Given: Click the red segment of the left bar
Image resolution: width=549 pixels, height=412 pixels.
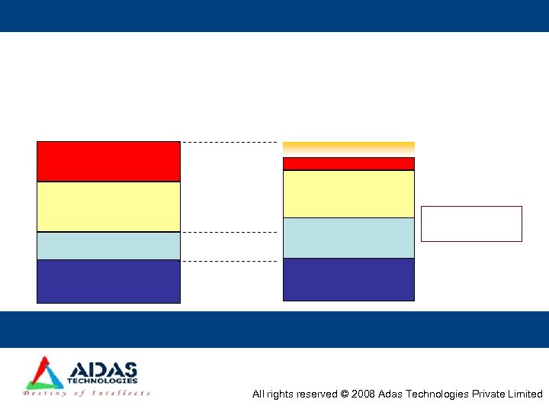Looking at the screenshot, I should pyautogui.click(x=108, y=161).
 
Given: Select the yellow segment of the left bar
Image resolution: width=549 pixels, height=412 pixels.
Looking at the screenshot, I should pyautogui.click(x=108, y=207).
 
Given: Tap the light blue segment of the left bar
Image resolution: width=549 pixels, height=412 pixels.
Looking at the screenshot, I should pyautogui.click(x=108, y=246).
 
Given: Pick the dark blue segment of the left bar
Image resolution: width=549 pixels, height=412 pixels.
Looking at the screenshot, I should pyautogui.click(x=108, y=282).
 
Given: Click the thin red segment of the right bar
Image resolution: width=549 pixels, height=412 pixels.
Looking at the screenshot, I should pyautogui.click(x=348, y=163).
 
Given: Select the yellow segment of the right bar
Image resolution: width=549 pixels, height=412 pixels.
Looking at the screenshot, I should pyautogui.click(x=348, y=194).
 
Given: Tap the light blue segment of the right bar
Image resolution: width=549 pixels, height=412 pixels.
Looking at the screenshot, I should pyautogui.click(x=348, y=238).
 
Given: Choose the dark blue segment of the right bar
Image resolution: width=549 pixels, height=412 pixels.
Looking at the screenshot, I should pyautogui.click(x=348, y=279).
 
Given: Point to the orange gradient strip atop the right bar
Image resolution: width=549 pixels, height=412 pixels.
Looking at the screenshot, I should pyautogui.click(x=348, y=147).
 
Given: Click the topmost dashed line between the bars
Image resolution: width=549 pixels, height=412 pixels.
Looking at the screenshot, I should pyautogui.click(x=229, y=142).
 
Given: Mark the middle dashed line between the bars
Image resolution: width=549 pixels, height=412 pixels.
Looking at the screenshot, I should pyautogui.click(x=229, y=232).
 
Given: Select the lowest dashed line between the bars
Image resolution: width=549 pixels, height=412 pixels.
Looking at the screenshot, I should pyautogui.click(x=229, y=261).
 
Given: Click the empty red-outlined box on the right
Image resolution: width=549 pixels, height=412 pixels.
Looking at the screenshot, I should pyautogui.click(x=471, y=224).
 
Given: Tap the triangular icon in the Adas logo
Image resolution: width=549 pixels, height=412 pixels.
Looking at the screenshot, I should pyautogui.click(x=43, y=373).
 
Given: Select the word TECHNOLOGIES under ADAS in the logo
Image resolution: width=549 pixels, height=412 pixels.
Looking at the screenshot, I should pyautogui.click(x=102, y=381).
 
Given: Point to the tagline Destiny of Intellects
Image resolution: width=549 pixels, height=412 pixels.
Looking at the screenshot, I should pyautogui.click(x=87, y=394).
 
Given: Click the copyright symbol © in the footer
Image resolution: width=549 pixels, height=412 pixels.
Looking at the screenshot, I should pyautogui.click(x=345, y=394).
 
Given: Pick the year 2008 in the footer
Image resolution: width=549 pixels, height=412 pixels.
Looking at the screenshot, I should pyautogui.click(x=363, y=394).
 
